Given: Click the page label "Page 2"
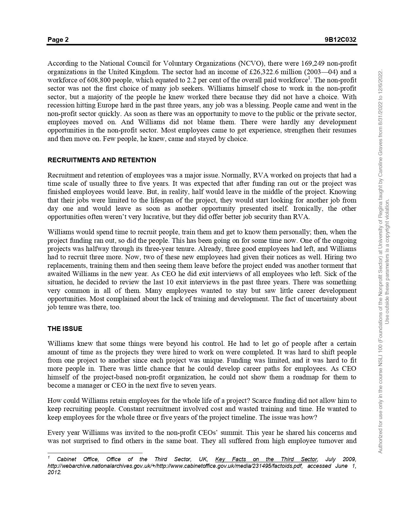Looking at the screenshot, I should coord(58,40).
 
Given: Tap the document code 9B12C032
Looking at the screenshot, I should coord(340,40).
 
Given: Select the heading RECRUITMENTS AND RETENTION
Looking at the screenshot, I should coord(102,160).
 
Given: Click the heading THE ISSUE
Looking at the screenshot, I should coord(65,329).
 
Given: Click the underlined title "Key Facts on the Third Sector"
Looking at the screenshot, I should coord(266,459).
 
